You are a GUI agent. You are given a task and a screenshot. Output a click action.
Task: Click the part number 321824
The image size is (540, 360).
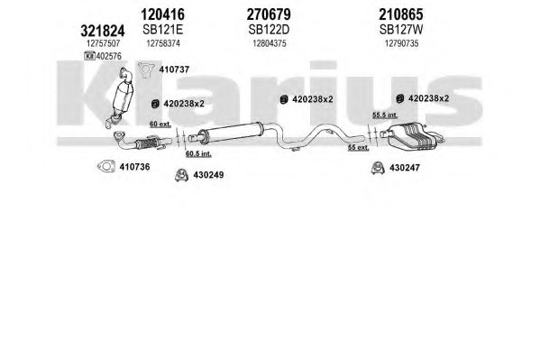tap(102, 31)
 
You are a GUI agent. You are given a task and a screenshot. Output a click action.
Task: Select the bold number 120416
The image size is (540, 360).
tap(162, 14)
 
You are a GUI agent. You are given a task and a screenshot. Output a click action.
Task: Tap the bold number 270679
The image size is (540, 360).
tap(269, 14)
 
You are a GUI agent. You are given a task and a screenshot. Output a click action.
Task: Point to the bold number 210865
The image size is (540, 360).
tap(401, 14)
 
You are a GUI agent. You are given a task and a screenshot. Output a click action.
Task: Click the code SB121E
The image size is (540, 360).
tap(162, 30)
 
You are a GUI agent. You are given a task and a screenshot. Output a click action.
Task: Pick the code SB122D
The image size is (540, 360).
tap(269, 30)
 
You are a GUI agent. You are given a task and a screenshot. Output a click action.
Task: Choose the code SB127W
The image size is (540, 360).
tap(401, 30)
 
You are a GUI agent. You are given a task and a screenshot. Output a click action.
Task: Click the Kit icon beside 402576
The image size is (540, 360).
tap(89, 56)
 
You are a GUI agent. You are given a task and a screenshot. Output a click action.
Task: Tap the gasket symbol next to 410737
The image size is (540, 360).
tap(146, 69)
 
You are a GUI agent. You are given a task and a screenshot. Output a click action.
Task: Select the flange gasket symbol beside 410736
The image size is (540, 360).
tap(106, 167)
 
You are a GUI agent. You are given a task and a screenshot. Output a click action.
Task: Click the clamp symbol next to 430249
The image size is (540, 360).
tap(181, 175)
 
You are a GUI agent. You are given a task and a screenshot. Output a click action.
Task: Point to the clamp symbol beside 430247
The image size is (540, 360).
tap(378, 168)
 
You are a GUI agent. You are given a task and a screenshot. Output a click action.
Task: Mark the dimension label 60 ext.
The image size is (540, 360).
tap(160, 125)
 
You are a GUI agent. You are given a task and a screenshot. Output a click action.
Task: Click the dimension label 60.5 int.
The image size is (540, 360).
tap(198, 153)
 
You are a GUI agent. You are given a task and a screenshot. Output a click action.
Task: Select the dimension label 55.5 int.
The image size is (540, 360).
tap(385, 115)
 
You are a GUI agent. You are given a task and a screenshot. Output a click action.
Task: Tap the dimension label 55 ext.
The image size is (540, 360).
tap(358, 148)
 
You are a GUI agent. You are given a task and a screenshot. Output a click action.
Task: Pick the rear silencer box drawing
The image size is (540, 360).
tap(412, 136)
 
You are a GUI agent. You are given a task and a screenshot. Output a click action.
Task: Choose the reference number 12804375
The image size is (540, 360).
tap(270, 43)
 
